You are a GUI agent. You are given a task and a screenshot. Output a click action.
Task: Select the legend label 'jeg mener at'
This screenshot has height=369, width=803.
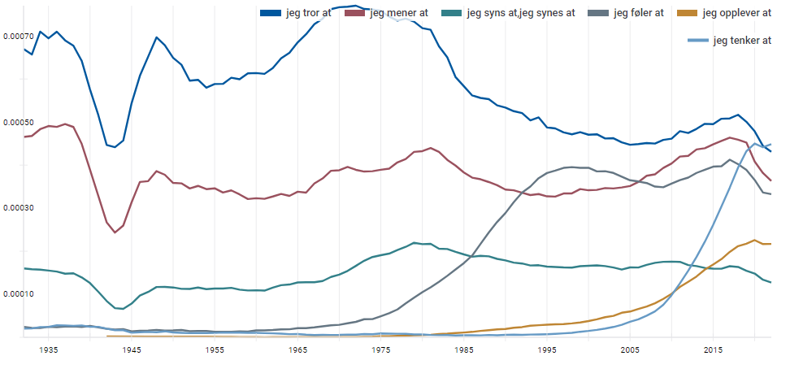point(398,13)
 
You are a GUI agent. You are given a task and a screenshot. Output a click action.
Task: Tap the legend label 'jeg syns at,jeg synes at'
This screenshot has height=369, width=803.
point(521,13)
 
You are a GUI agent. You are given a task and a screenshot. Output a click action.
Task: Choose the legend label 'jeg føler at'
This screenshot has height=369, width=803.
point(639,13)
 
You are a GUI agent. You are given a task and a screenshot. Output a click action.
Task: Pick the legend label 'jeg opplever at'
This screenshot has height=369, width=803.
point(736,13)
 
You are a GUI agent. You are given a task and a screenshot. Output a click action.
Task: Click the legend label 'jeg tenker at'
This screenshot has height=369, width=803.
point(741,41)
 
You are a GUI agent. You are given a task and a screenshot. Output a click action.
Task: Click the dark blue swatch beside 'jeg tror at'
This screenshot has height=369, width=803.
point(270,13)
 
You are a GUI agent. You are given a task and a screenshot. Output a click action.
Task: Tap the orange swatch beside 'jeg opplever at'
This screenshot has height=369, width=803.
point(687,13)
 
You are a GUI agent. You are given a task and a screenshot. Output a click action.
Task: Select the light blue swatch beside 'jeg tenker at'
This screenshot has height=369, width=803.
point(697,41)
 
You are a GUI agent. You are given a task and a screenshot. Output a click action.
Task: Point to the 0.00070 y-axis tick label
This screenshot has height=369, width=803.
point(18,37)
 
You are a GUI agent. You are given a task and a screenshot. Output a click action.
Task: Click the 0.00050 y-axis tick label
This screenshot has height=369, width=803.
point(18,123)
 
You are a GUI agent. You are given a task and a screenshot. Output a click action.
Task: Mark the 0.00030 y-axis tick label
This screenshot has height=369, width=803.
point(18,208)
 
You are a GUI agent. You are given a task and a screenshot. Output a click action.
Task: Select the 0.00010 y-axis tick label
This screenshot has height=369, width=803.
point(18,293)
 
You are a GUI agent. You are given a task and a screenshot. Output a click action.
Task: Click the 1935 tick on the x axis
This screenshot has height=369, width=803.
point(49,349)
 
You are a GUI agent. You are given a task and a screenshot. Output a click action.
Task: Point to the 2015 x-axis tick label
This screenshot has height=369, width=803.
point(714,349)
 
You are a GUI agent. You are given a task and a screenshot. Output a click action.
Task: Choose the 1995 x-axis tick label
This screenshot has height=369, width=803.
point(547,349)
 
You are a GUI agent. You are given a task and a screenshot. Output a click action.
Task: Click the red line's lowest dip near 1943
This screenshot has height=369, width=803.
point(115,232)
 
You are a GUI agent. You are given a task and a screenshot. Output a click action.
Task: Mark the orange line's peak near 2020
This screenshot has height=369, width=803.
point(755,240)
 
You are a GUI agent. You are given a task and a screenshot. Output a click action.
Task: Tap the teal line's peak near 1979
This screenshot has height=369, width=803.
point(415,242)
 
